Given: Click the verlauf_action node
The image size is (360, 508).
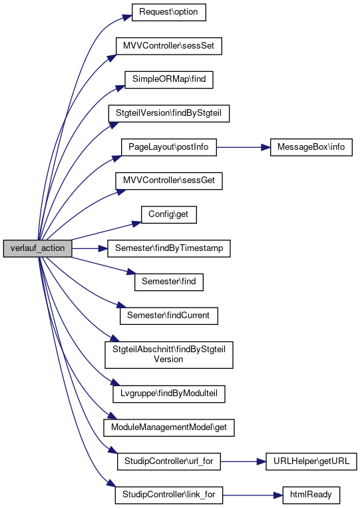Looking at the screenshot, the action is tap(37, 248).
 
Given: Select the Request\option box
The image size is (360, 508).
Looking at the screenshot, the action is tap(168, 12).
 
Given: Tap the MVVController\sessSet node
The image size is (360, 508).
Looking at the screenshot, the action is tap(169, 46).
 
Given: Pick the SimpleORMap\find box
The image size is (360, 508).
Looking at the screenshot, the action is tap(169, 80).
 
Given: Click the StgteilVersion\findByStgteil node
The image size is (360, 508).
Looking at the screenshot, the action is tap(169, 113).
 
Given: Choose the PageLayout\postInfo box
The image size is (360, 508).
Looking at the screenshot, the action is tap(168, 147).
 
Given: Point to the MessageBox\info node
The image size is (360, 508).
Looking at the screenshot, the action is tap(311, 147).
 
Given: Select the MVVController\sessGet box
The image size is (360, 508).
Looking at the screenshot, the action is tap(169, 181).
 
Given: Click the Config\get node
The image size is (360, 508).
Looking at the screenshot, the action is tap(168, 214).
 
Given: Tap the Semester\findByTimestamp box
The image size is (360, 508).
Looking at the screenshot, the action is tap(169, 248).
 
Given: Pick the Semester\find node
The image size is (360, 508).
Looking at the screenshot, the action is tap(169, 282).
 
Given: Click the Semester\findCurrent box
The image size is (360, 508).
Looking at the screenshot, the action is tap(169, 316).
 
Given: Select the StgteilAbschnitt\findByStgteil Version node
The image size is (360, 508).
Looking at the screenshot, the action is tap(169, 355).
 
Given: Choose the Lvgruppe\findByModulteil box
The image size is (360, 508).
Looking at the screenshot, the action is tap(169, 394).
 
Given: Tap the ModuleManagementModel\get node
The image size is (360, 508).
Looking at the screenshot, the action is tap(169, 427).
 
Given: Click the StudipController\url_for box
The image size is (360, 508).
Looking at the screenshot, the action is tap(169, 461).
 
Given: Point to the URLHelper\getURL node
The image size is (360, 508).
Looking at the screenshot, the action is tap(311, 461).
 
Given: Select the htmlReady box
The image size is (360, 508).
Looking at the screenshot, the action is tap(311, 495).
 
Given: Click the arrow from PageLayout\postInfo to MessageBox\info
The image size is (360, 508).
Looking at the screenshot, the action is tap(244, 147).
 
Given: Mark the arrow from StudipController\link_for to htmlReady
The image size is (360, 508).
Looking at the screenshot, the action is tap(252, 495).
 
